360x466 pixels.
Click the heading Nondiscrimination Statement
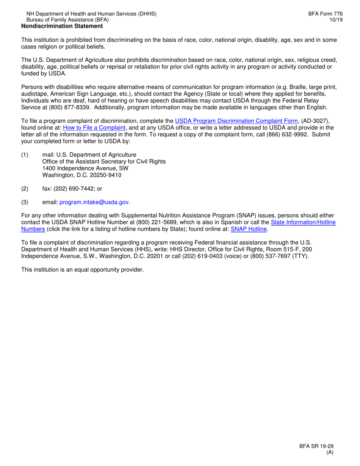(62, 26)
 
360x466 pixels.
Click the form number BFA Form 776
(325, 14)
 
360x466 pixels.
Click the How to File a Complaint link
(94, 128)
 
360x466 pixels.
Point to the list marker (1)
(25, 155)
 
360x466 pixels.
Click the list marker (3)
(25, 203)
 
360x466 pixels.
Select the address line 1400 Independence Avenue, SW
(85, 168)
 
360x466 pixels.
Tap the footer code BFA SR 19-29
(316, 446)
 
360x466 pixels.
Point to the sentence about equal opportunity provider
(83, 270)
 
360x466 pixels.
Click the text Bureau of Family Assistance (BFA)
(67, 20)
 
